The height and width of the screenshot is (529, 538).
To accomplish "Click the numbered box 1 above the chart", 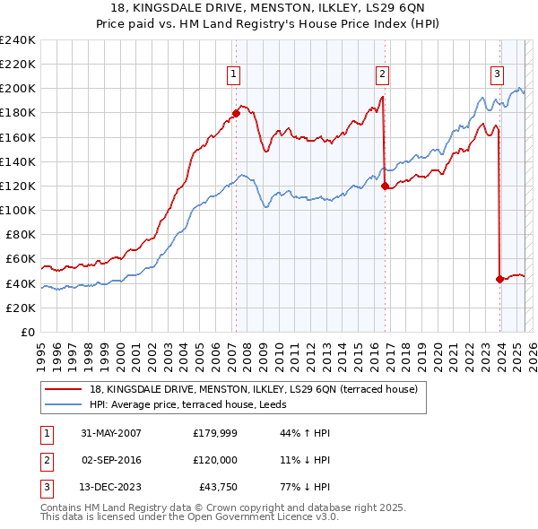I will coord(233,74).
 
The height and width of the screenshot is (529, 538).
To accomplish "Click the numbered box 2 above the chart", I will coord(382,74).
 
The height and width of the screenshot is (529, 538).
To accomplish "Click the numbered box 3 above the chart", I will coord(497,74).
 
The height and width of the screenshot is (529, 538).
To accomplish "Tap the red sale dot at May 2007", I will coord(236,113).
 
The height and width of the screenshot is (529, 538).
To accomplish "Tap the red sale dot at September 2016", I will coord(385,186).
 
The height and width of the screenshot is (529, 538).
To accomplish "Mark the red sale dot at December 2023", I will coord(499,279).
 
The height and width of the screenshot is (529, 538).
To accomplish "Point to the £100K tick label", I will coord(17,210).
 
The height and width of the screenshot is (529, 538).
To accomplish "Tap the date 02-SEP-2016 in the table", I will coord(111,459).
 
